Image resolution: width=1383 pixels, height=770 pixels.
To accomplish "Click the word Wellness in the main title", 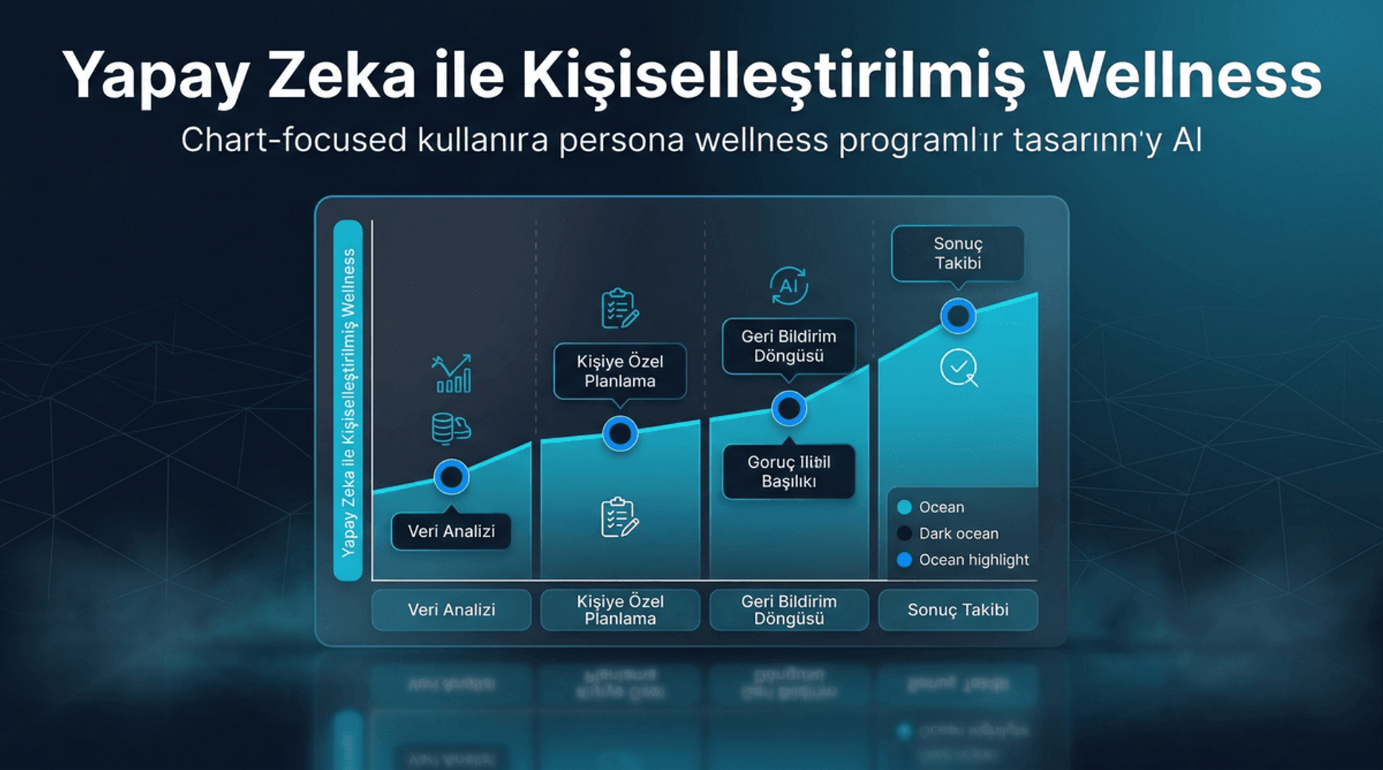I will click(x=1182, y=76).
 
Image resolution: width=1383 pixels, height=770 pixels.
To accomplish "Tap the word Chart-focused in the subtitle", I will click(x=294, y=140).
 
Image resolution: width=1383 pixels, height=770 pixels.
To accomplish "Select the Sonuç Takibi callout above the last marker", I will click(x=957, y=253).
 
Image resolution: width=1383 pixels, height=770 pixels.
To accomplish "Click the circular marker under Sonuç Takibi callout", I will click(x=958, y=315).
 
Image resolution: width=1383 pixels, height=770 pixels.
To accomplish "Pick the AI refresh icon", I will click(x=789, y=286).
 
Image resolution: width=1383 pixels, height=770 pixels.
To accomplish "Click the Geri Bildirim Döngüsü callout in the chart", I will click(x=789, y=346).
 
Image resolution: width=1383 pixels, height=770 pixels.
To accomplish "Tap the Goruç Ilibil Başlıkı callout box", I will click(x=789, y=471).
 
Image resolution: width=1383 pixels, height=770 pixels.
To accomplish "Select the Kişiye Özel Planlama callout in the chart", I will click(x=619, y=371).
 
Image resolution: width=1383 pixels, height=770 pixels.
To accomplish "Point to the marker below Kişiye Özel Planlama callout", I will click(x=619, y=433).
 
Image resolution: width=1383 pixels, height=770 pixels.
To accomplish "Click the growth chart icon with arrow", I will click(x=452, y=373).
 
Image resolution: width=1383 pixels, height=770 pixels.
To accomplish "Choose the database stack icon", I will click(x=450, y=428).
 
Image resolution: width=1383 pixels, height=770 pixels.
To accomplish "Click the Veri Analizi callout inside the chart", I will click(x=451, y=531).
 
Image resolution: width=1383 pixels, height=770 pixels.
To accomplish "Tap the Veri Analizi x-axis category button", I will click(x=451, y=610).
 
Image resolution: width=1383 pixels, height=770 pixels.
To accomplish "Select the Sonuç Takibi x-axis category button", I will click(x=957, y=610).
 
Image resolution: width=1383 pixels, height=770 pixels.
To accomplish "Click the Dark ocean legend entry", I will click(x=958, y=533).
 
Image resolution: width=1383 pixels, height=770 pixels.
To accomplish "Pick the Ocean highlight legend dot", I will click(x=905, y=560).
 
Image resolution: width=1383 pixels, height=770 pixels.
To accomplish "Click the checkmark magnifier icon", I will click(x=959, y=368).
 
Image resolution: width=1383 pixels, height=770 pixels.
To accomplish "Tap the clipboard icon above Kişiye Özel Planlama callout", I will click(x=619, y=308).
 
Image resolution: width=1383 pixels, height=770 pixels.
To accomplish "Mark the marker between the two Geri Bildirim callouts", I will click(x=789, y=408).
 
